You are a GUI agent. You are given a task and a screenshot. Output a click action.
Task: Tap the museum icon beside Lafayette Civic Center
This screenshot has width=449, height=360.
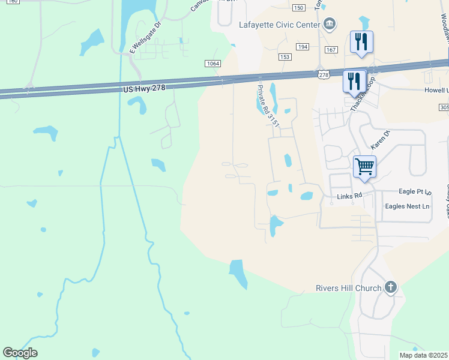pyautogui.click(x=329, y=24)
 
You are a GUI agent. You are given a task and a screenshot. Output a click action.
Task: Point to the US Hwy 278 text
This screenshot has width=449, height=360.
pyautogui.click(x=143, y=88)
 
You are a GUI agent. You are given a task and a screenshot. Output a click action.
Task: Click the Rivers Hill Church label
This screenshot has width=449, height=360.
pyautogui.click(x=349, y=288)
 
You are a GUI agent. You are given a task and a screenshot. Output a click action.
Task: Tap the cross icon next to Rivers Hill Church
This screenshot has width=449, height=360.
pyautogui.click(x=391, y=287)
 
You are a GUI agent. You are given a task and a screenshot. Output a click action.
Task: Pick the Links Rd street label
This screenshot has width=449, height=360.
pyautogui.click(x=349, y=196)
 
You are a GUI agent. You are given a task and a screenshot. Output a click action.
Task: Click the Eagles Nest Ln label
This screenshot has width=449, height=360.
pyautogui.click(x=407, y=206)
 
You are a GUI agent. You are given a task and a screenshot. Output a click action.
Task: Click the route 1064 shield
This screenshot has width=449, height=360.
pyautogui.click(x=212, y=64)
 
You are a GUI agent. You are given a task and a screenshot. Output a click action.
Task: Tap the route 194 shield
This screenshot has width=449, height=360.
pyautogui.click(x=303, y=46)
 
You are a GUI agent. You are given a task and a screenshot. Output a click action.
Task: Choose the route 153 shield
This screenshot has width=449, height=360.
pyautogui.click(x=285, y=56)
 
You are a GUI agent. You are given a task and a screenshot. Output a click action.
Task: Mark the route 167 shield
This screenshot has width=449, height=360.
pyautogui.click(x=331, y=49)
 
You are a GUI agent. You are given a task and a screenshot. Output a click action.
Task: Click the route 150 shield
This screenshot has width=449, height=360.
pyautogui.click(x=299, y=7)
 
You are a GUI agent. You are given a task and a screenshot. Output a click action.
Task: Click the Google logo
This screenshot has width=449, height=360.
pyautogui.click(x=20, y=353)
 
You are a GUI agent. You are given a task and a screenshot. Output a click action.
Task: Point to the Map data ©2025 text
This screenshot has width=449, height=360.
pyautogui.click(x=423, y=355)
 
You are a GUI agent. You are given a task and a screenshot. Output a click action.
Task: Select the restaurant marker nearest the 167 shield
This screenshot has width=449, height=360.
pyautogui.click(x=361, y=42)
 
